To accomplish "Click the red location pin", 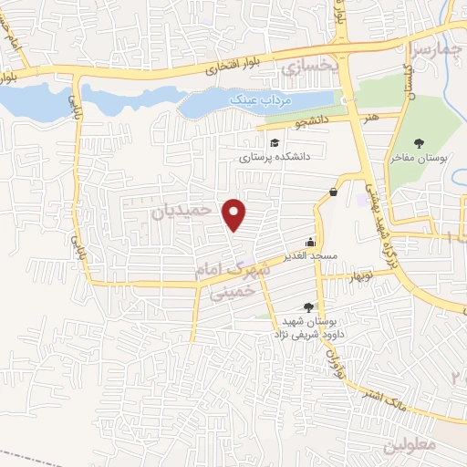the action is [235, 214].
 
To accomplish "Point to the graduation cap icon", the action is [274, 142].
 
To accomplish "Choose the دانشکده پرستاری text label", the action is [275, 157].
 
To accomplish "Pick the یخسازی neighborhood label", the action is [309, 67].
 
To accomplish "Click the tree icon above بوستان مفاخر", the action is [419, 142].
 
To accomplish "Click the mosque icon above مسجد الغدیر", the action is [312, 243].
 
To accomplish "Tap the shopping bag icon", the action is [334, 192].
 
